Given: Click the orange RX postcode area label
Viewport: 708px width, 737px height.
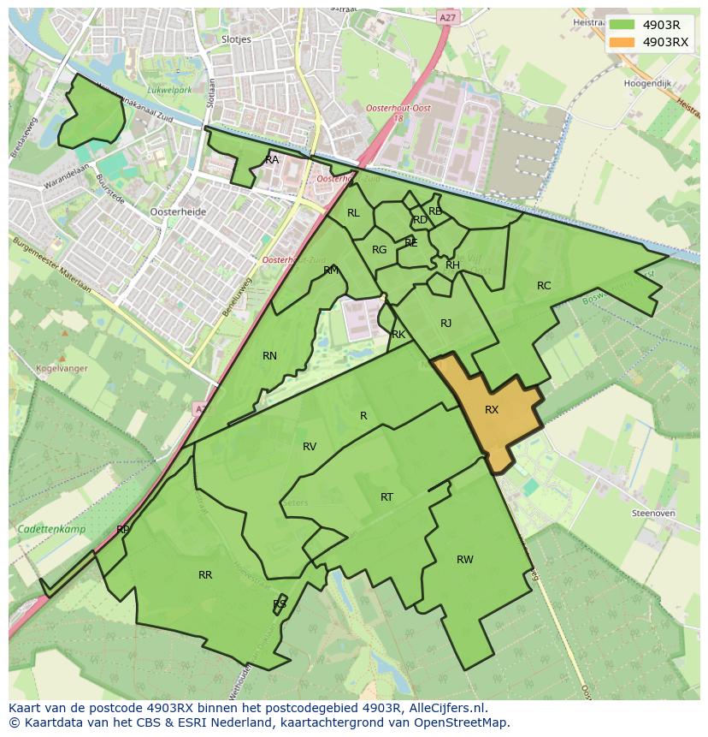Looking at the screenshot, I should pyautogui.click(x=491, y=410).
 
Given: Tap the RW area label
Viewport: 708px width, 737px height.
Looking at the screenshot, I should pyautogui.click(x=464, y=560).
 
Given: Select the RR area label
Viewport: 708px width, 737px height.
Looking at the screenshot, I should pyautogui.click(x=205, y=575).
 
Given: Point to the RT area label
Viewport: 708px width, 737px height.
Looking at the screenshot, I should pyautogui.click(x=386, y=497).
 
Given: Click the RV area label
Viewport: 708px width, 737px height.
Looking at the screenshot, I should pyautogui.click(x=310, y=447).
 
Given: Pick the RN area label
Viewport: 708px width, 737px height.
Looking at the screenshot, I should pyautogui.click(x=269, y=356).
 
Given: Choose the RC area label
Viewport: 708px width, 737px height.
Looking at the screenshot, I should pyautogui.click(x=544, y=286).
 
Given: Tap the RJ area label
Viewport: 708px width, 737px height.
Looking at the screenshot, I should pyautogui.click(x=445, y=324).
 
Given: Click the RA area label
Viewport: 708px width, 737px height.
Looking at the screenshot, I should pyautogui.click(x=272, y=160).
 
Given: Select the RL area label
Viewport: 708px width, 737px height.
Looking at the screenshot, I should pyautogui.click(x=353, y=213).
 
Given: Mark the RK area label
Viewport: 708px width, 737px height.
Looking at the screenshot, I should pyautogui.click(x=398, y=335).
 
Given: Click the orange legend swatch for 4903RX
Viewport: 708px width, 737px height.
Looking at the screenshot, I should pyautogui.click(x=622, y=42).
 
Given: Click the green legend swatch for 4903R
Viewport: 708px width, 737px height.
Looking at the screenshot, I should pyautogui.click(x=622, y=25).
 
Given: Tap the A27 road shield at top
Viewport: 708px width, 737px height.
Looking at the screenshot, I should pyautogui.click(x=446, y=16).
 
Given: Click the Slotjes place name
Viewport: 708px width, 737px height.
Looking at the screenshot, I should pyautogui.click(x=235, y=39).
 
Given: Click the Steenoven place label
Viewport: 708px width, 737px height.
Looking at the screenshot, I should pyautogui.click(x=652, y=513).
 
